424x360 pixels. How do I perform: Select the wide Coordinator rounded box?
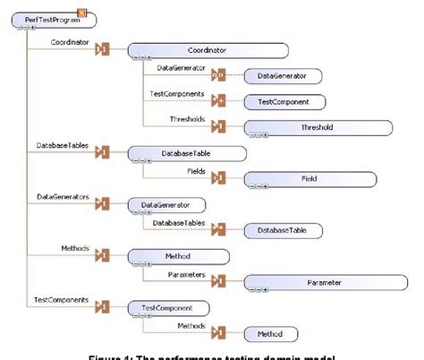(207, 51)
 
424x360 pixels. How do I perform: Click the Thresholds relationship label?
(187, 119)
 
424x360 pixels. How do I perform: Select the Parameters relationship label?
(187, 274)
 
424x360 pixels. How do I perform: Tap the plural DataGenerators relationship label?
(63, 195)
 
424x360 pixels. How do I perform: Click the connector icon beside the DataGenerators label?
(102, 204)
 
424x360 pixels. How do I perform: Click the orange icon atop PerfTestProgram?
(81, 11)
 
